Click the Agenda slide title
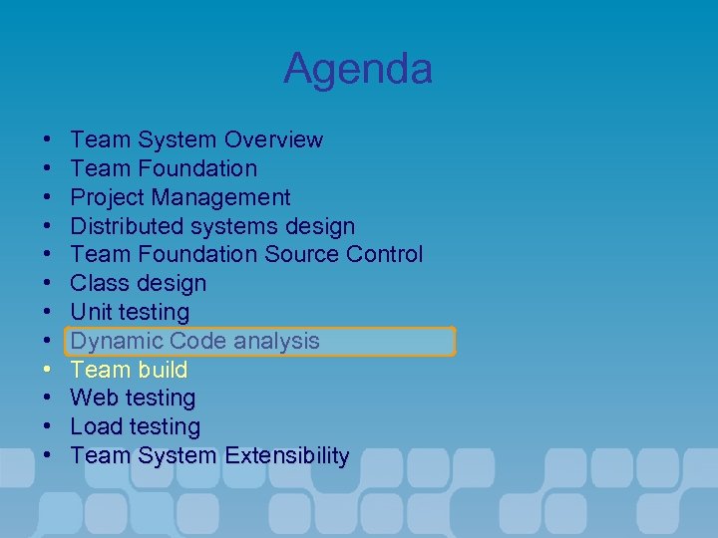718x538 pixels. point(358,69)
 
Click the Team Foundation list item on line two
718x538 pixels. point(164,168)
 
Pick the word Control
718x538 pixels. point(384,255)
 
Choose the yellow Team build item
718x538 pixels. point(129,370)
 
